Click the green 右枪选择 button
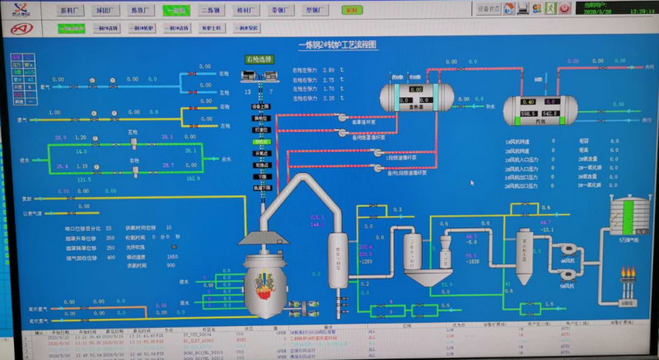(x=259, y=59)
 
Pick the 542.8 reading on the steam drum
(x=551, y=113)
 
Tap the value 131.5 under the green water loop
(x=83, y=178)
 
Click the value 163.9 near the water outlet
(x=194, y=178)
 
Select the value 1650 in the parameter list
(x=172, y=256)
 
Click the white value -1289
(x=365, y=261)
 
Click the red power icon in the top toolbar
(x=564, y=8)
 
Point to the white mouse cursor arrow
(x=472, y=183)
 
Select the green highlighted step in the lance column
(x=261, y=142)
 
